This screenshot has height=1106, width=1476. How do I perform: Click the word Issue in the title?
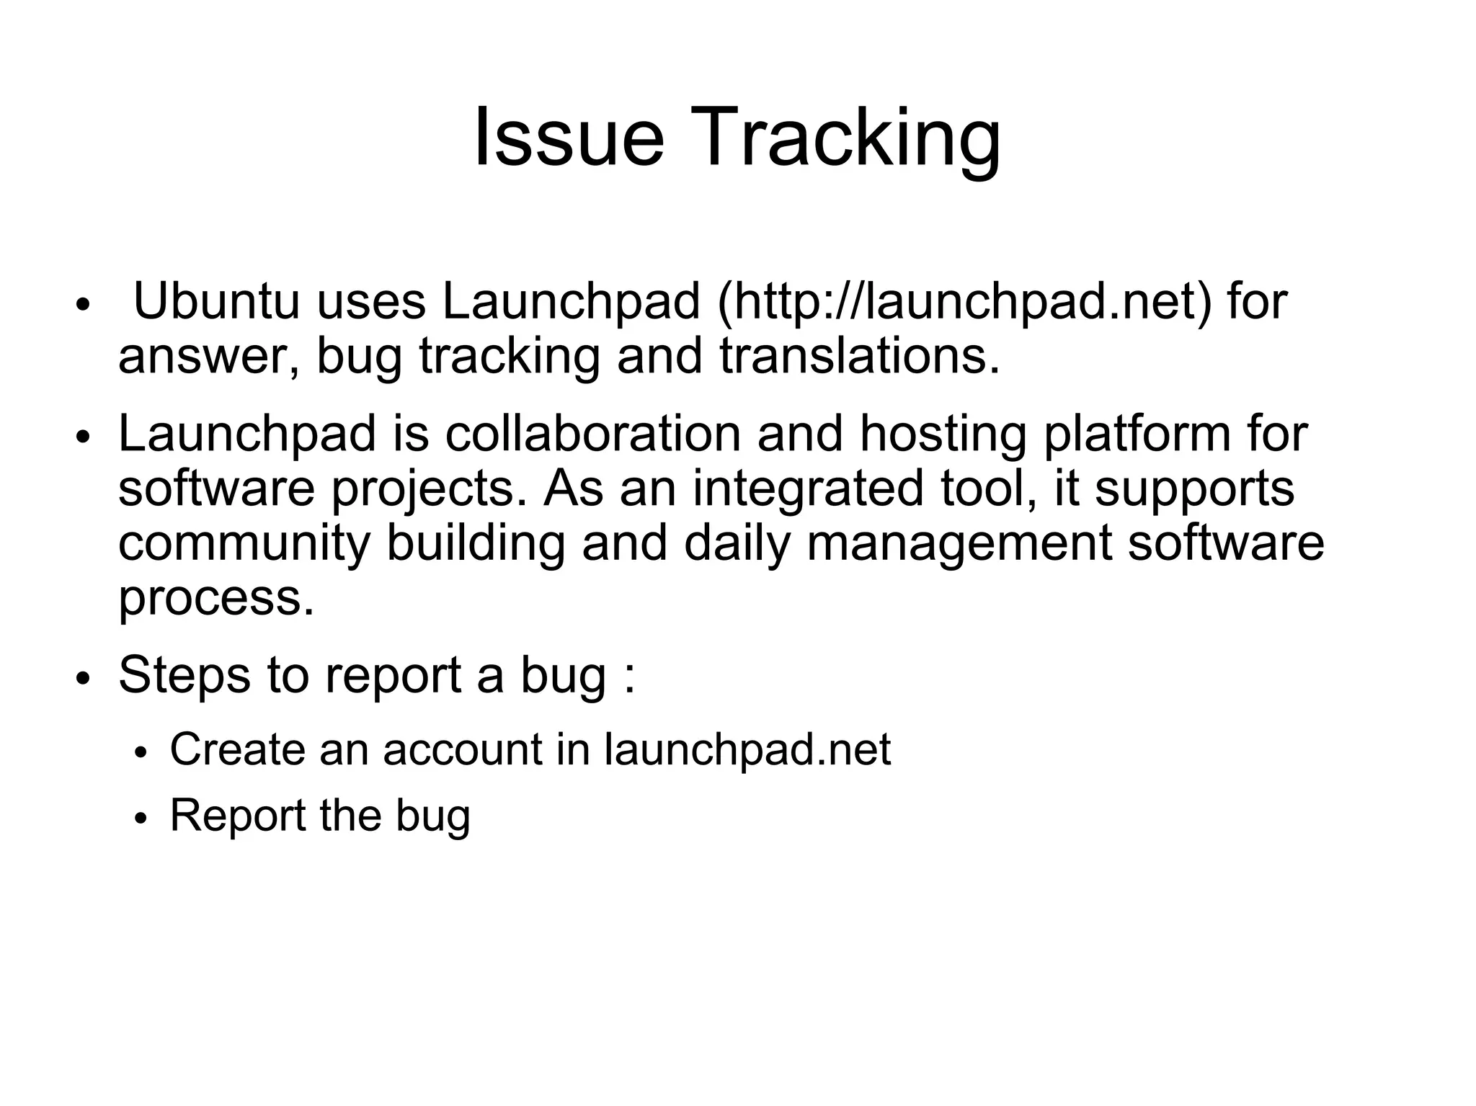click(568, 137)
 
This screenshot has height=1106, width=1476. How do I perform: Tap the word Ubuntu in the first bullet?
click(216, 301)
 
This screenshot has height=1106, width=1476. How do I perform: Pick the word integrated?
click(807, 490)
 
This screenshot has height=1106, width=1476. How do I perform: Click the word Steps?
click(184, 677)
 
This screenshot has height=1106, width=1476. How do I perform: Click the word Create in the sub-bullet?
click(237, 749)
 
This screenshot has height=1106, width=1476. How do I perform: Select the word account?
click(462, 749)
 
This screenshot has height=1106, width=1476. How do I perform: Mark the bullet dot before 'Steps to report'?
click(84, 678)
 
